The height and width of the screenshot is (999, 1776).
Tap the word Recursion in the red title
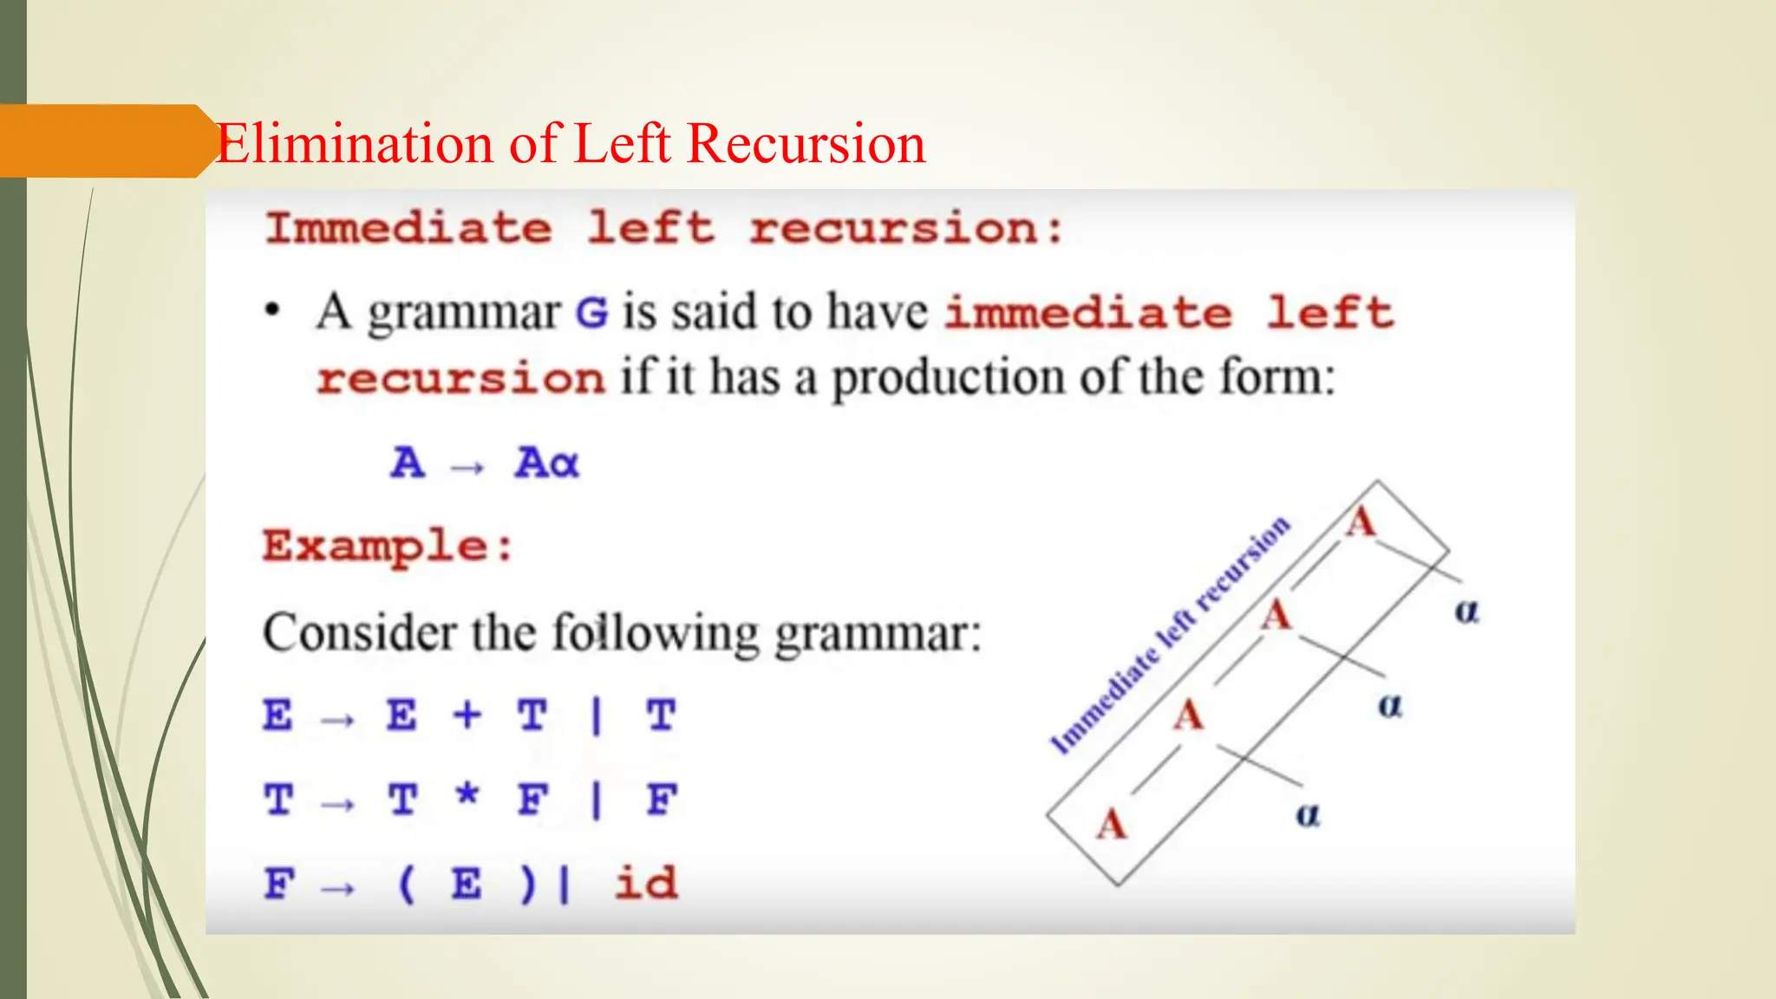tap(806, 143)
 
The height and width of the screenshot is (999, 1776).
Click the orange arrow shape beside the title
tap(104, 141)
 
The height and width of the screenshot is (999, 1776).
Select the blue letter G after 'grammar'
tap(592, 313)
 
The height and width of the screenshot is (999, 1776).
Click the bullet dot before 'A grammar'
tap(273, 310)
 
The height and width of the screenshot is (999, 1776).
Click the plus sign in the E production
tap(467, 715)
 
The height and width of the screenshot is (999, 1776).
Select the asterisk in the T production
tap(467, 793)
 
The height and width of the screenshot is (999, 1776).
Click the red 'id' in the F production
tap(645, 884)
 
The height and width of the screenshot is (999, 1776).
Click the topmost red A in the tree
tap(1361, 523)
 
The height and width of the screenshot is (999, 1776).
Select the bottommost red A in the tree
tap(1111, 824)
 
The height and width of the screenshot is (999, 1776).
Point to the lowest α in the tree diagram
tap(1308, 815)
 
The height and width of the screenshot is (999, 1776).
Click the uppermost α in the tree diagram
tap(1466, 611)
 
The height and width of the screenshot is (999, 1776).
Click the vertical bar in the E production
tap(596, 716)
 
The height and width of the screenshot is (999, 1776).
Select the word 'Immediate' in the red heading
tap(408, 229)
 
